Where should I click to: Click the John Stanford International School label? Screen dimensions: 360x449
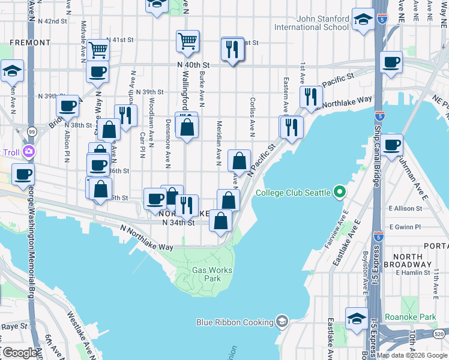tap(311, 23)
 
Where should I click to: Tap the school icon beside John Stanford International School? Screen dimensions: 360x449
tap(363, 20)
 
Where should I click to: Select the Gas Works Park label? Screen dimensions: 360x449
tap(206, 274)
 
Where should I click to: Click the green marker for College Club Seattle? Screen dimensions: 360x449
tap(340, 193)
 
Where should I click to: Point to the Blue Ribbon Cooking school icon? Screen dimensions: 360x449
tap(281, 322)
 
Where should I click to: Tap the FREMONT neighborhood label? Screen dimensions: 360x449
tap(29, 43)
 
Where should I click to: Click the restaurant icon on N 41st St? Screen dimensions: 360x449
tap(232, 49)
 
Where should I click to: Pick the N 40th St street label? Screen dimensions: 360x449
tap(193, 65)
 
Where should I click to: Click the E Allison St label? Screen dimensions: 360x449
tap(405, 208)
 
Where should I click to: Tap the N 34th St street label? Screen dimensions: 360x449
tap(179, 223)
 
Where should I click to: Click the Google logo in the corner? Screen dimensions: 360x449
tap(19, 353)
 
